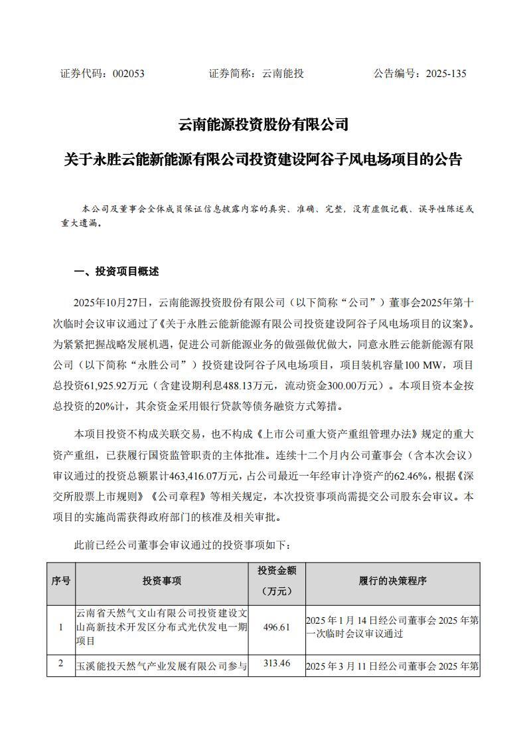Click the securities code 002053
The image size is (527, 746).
(x=128, y=74)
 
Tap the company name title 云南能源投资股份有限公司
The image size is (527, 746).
(x=263, y=124)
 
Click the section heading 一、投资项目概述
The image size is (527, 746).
(x=116, y=272)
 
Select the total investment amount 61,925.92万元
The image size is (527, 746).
(x=116, y=385)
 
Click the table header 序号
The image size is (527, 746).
(x=60, y=581)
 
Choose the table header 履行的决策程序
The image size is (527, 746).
(x=392, y=581)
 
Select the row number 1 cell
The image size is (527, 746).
(x=60, y=628)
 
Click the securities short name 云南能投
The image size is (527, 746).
(x=283, y=74)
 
